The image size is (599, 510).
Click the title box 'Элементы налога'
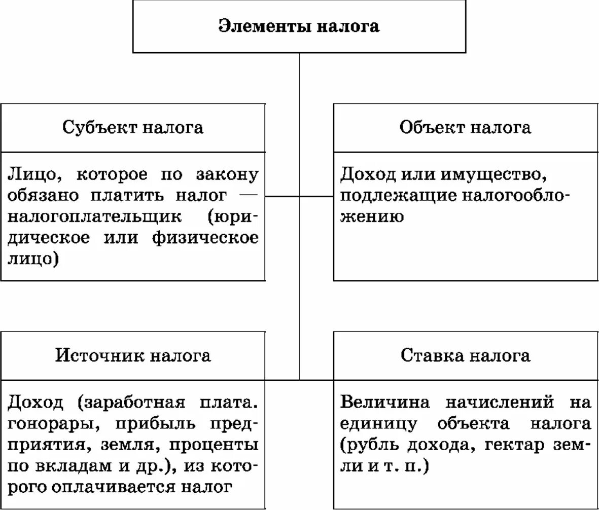[299, 26]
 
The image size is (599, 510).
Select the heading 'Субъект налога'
[133, 127]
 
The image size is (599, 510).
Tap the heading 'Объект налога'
[465, 127]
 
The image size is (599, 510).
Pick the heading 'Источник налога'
[133, 355]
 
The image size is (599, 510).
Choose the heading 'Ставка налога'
[465, 355]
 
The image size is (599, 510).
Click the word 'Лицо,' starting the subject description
[35, 175]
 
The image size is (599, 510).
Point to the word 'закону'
[227, 175]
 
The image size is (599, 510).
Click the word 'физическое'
[205, 238]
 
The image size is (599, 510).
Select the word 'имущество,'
[493, 175]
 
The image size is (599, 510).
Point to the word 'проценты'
[213, 445]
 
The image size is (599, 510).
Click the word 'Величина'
[385, 403]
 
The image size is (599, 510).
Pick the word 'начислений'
[500, 403]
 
